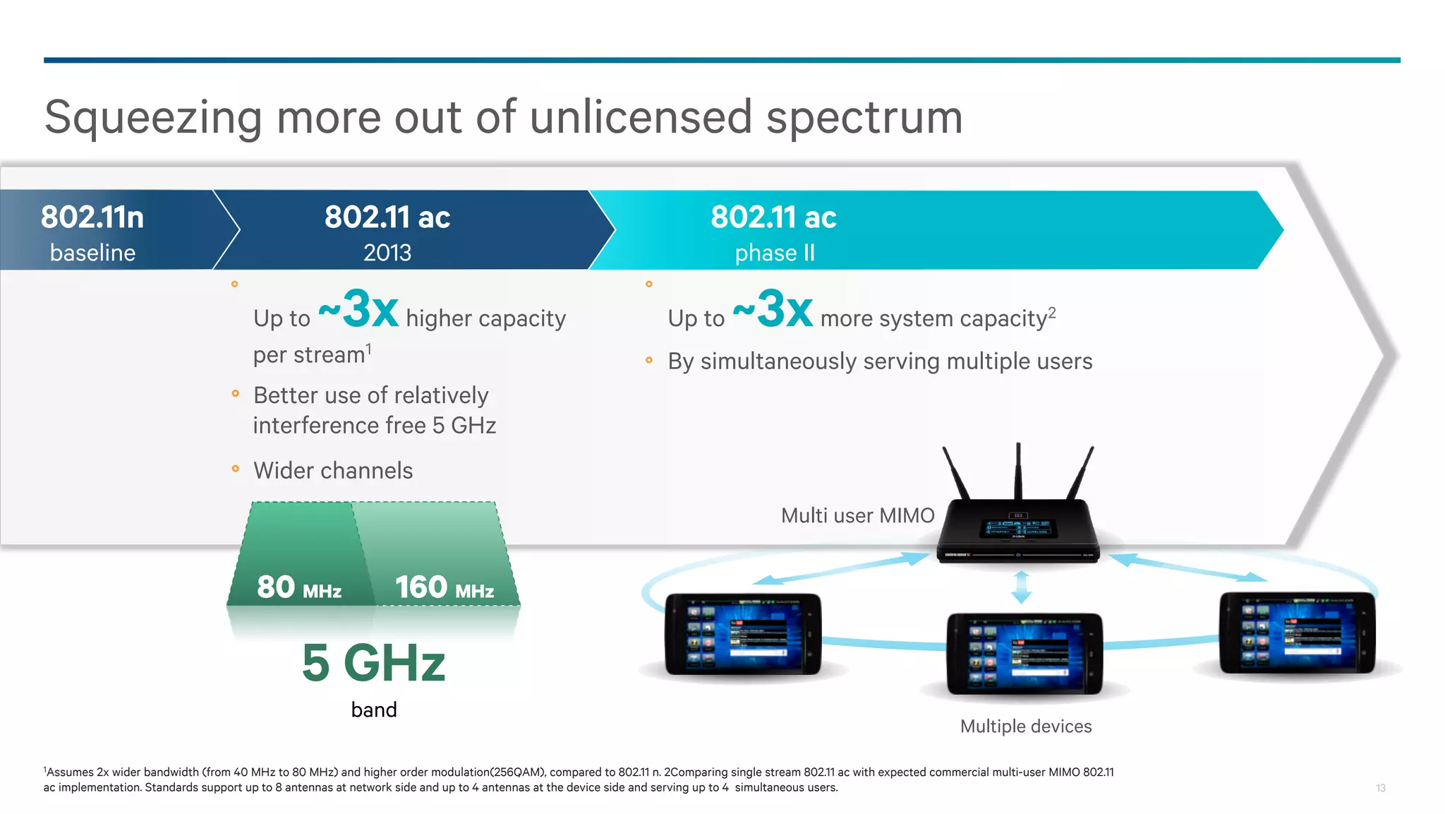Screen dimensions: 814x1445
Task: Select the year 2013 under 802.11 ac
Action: [x=387, y=253]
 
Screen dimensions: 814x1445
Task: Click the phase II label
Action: [x=775, y=253]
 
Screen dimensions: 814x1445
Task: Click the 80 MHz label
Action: [x=299, y=587]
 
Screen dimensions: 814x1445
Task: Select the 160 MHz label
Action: [x=445, y=587]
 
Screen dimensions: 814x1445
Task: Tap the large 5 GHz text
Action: [x=374, y=664]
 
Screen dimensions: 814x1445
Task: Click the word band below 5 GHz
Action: [x=374, y=710]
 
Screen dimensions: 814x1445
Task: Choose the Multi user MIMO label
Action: [x=857, y=516]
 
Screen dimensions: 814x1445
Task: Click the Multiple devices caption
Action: [x=1026, y=726]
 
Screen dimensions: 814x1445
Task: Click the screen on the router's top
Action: [x=1017, y=528]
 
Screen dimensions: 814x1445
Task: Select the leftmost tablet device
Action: [x=743, y=634]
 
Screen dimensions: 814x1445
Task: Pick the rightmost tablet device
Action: [x=1297, y=633]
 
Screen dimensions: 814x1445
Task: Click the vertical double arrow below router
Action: [x=1021, y=587]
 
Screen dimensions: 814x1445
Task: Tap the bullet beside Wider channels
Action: [x=236, y=469]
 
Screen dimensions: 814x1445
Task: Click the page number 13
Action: [x=1381, y=788]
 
